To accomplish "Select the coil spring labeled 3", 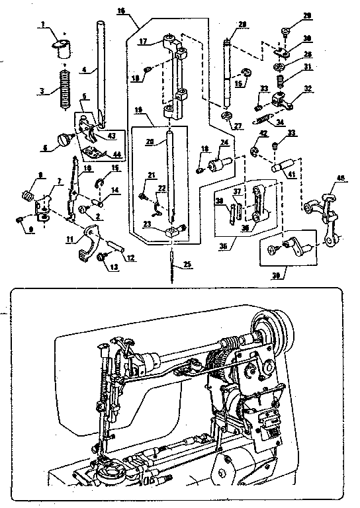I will pyautogui.click(x=64, y=88).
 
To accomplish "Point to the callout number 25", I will pyautogui.click(x=188, y=265).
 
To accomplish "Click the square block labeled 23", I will pyautogui.click(x=174, y=230).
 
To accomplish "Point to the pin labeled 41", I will pyautogui.click(x=283, y=162).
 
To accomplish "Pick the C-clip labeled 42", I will pyautogui.click(x=254, y=153).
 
